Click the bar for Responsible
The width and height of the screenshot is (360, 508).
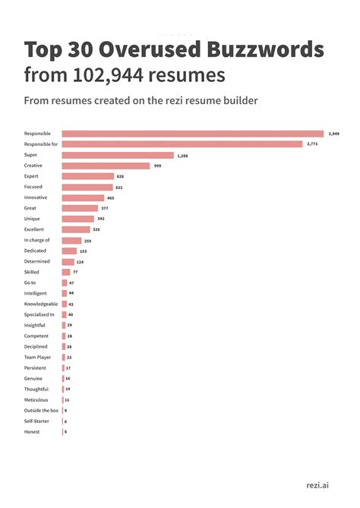click(x=192, y=134)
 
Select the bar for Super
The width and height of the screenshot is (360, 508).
click(x=118, y=155)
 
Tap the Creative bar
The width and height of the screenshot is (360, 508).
click(x=106, y=166)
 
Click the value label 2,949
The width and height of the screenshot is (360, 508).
click(x=334, y=134)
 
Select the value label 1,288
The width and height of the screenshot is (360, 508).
click(x=182, y=155)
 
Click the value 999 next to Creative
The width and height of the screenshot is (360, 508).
click(x=157, y=166)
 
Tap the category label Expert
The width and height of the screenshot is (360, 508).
click(x=33, y=176)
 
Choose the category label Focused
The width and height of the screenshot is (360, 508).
click(x=34, y=187)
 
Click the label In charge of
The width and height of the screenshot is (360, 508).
click(x=37, y=240)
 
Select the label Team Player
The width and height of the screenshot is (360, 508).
click(x=37, y=357)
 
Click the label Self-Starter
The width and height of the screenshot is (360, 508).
click(x=36, y=421)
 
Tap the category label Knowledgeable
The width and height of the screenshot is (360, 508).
click(x=40, y=304)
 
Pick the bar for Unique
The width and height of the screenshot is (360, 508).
click(x=77, y=219)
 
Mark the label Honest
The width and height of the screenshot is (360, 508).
click(x=33, y=432)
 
